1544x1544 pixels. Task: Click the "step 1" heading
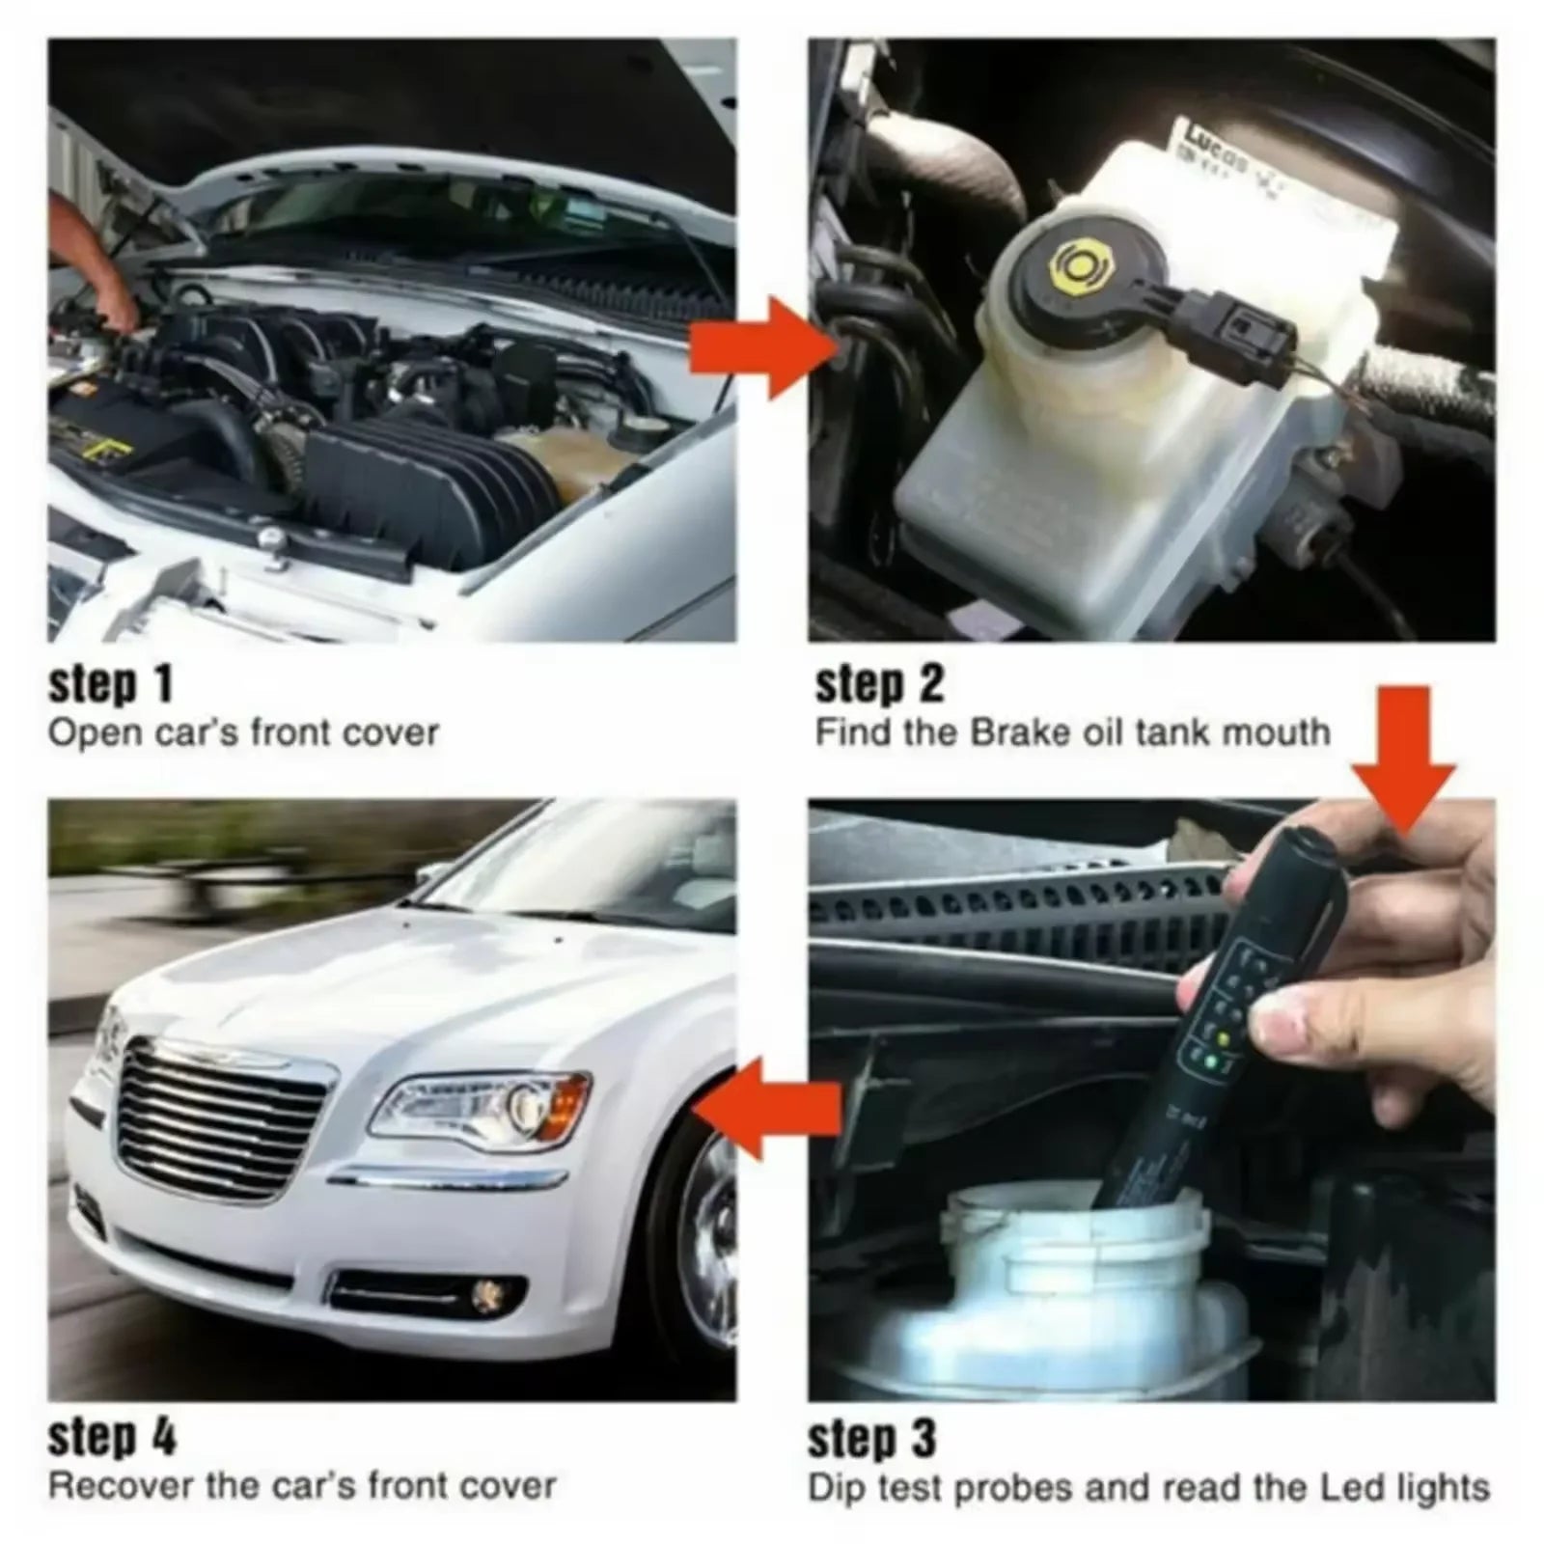click(111, 684)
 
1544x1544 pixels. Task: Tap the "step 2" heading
click(879, 684)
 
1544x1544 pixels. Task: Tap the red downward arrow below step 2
click(1403, 762)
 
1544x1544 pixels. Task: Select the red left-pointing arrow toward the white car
click(767, 1108)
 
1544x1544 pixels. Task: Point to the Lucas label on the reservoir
click(1211, 141)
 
